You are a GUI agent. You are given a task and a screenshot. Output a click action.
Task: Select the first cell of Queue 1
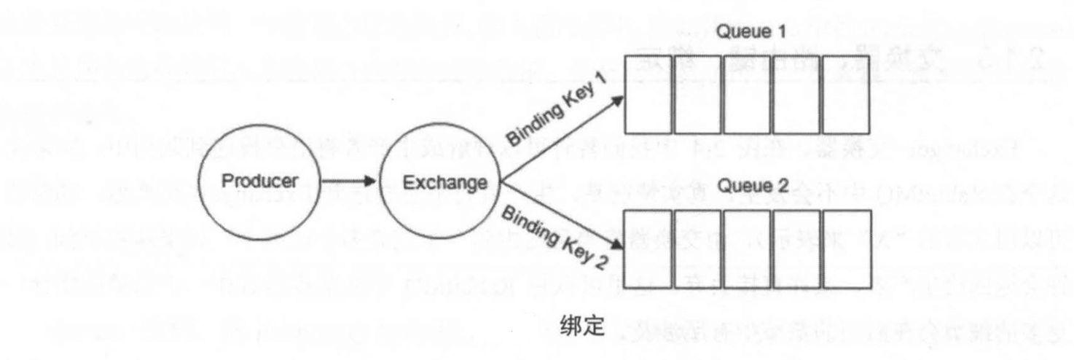pyautogui.click(x=648, y=94)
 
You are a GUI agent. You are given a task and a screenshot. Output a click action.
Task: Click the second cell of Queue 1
pyautogui.click(x=698, y=94)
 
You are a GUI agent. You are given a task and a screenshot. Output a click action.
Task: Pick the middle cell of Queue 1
pyautogui.click(x=748, y=94)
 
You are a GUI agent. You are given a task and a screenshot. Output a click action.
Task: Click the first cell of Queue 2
pyautogui.click(x=648, y=249)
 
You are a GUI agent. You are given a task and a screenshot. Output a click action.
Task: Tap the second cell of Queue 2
pyautogui.click(x=698, y=249)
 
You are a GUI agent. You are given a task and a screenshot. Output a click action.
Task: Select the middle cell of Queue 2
pyautogui.click(x=748, y=249)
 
